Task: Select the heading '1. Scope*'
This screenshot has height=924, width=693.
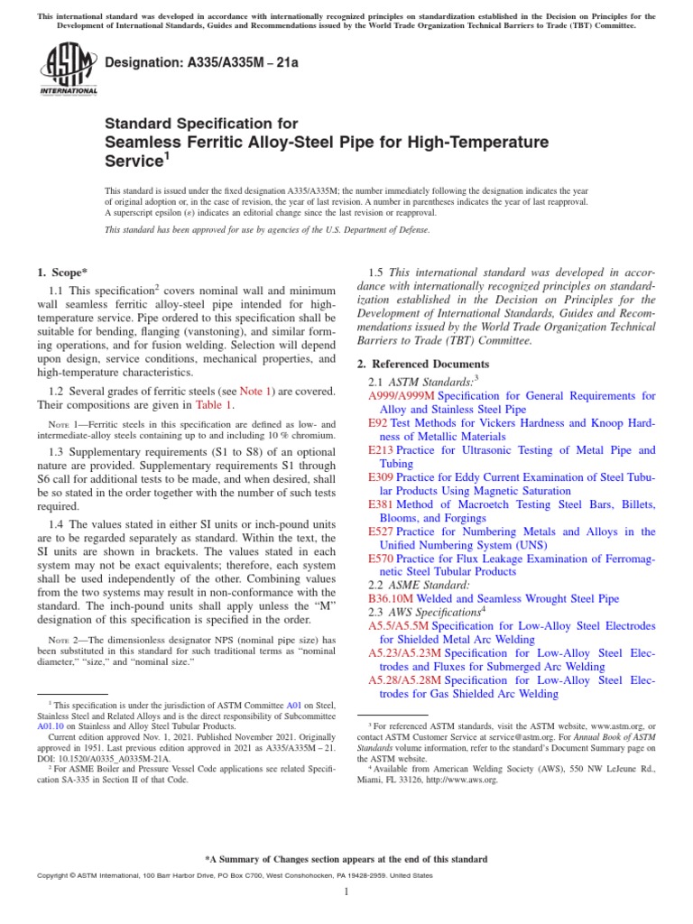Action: [61, 273]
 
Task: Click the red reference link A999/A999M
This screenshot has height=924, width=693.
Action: [401, 396]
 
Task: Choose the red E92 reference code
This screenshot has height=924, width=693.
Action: [379, 423]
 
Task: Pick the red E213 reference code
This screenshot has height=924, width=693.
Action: [383, 450]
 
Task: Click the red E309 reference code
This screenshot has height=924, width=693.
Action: [383, 477]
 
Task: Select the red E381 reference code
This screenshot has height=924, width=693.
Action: [383, 505]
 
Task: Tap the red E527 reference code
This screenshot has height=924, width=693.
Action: [383, 532]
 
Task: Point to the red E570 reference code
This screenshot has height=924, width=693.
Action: [383, 559]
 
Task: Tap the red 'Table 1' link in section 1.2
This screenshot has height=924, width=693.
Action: [214, 405]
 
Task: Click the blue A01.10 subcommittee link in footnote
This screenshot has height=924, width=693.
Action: [50, 725]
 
